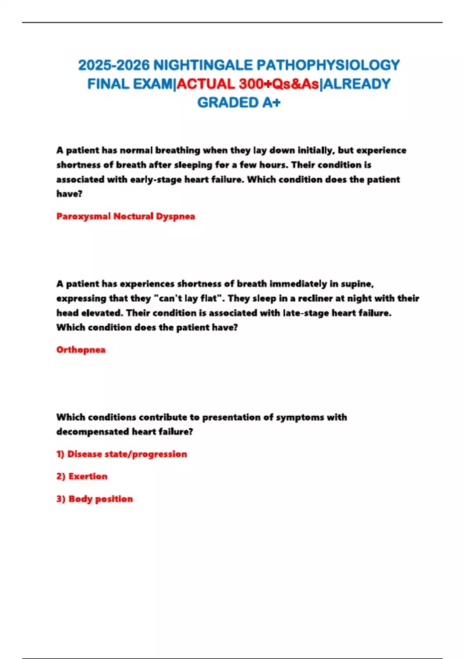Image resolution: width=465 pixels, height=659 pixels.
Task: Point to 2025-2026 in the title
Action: tap(114, 65)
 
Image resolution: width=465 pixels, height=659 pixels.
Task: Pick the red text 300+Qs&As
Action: tap(279, 84)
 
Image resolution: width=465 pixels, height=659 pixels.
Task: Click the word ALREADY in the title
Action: tap(356, 84)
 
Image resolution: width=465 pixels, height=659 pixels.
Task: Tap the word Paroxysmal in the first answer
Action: tap(83, 216)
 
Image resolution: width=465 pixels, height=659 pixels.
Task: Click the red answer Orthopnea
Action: tap(81, 350)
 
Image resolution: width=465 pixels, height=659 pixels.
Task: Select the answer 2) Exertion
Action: tap(82, 476)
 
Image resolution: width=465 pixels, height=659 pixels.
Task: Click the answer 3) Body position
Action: tap(95, 499)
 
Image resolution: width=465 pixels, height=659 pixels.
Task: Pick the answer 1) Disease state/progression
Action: tap(122, 454)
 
